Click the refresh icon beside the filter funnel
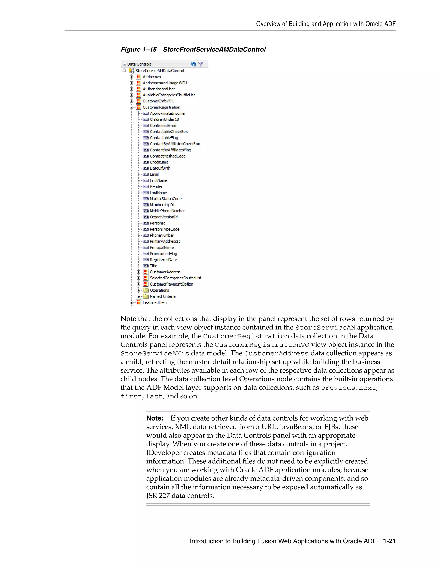coord(193,64)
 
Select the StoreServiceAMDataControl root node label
coord(159,71)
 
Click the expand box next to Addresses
coord(132,77)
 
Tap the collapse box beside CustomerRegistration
coord(132,107)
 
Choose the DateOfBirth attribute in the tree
coord(160,168)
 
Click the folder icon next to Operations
coord(146,290)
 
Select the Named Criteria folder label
coord(162,296)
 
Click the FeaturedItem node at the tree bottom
coord(155,302)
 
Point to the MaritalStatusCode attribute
coord(166,199)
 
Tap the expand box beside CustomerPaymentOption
coord(139,284)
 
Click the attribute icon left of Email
coord(146,174)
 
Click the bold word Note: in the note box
coord(155,418)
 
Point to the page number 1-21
coord(389,541)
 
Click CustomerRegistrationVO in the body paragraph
coord(262,345)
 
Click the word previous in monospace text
coord(338,388)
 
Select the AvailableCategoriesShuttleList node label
coord(169,95)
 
